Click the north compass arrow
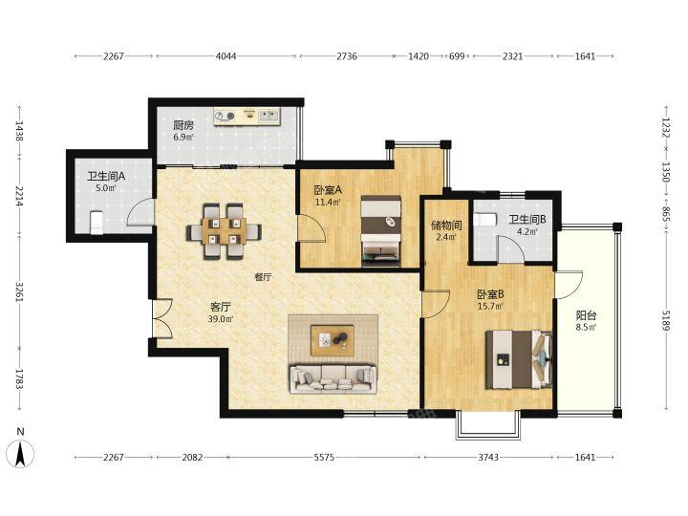coord(20,454)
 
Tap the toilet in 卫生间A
coord(97,223)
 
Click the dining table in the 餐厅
coord(224,231)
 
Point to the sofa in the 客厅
coord(333,378)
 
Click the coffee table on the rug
coord(333,340)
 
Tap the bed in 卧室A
coord(381,231)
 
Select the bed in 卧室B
coord(519,359)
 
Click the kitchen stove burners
coord(225,116)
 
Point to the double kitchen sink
coord(269,116)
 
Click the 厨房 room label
coord(183,125)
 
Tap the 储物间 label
coord(446,226)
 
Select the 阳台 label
coord(586,315)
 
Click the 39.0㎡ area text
coord(221,319)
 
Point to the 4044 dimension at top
coord(226,56)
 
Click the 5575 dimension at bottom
coord(324,457)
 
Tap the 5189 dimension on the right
coord(666,320)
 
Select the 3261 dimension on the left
coord(19,291)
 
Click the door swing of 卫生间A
coord(140,212)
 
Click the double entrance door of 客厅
coord(162,318)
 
